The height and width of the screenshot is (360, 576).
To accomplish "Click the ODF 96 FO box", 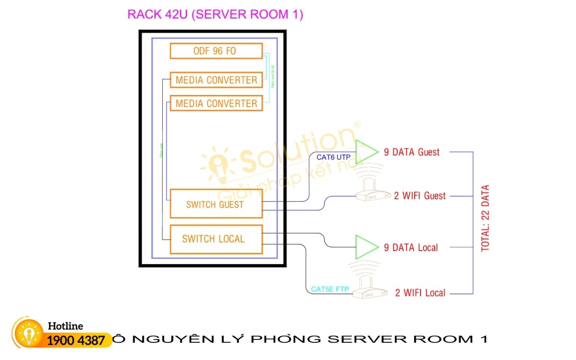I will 216,51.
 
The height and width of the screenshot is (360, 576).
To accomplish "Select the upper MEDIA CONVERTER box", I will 216,80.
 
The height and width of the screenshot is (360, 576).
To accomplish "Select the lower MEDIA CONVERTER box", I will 216,103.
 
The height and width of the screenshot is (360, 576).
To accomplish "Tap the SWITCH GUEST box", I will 216,204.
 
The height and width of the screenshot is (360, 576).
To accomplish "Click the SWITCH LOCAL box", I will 216,239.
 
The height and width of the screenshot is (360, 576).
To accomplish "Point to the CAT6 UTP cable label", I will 334,157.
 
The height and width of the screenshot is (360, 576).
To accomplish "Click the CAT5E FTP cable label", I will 330,289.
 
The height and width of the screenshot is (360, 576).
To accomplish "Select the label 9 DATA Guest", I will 412,152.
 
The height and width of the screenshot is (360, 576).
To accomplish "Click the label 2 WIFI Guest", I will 420,196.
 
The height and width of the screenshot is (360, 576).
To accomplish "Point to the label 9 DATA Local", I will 411,248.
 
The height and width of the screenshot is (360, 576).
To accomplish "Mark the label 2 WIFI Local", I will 420,293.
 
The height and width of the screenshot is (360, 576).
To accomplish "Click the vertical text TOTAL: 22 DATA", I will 485,218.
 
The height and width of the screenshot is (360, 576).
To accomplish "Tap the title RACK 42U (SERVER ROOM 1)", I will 215,14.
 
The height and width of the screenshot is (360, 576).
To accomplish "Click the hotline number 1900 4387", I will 76,341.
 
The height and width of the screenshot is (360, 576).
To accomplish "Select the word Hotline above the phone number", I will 65,326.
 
